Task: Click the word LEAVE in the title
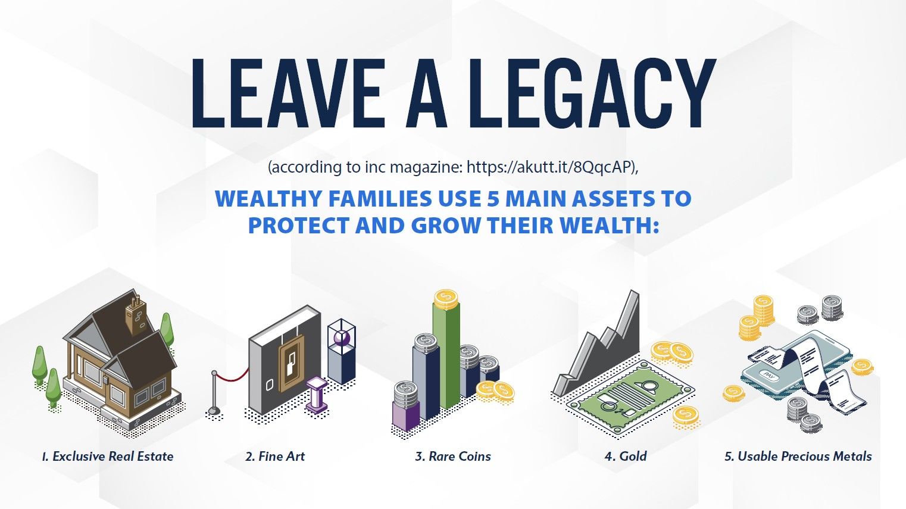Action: (x=288, y=93)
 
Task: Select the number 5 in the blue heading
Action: (x=493, y=199)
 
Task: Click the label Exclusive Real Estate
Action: (x=113, y=457)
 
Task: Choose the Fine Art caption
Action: (x=282, y=457)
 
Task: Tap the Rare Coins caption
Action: (x=460, y=457)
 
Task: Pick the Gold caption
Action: (x=633, y=457)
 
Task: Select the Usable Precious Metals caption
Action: (x=804, y=457)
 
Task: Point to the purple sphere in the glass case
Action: (x=342, y=338)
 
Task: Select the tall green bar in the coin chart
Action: (x=446, y=356)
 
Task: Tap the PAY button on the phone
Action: (x=768, y=375)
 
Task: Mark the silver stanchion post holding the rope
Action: (x=214, y=392)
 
